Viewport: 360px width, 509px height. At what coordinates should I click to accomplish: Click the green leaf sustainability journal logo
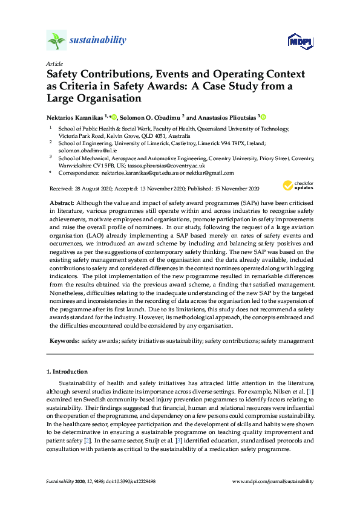tap(56, 41)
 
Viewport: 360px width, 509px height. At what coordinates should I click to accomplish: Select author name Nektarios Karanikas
tap(74, 117)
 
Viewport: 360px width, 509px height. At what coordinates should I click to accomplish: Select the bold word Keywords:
tap(63, 341)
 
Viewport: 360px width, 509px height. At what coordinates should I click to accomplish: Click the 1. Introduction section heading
tap(67, 371)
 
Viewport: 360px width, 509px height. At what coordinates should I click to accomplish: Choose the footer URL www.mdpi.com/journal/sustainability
tap(273, 481)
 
